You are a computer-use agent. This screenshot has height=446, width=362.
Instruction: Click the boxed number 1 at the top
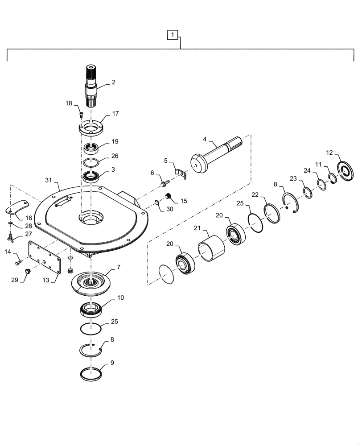click(x=173, y=34)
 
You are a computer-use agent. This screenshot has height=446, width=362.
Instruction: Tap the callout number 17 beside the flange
click(x=115, y=114)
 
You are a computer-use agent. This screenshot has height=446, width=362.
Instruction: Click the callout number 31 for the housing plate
click(x=49, y=180)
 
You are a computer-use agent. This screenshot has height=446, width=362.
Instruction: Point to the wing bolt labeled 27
click(x=12, y=238)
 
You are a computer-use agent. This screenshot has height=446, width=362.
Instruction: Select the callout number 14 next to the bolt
click(x=7, y=252)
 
